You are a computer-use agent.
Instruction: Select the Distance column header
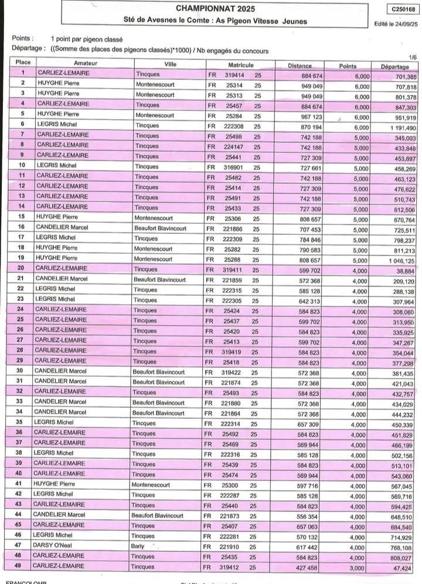click(300, 66)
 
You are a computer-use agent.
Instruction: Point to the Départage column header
click(394, 67)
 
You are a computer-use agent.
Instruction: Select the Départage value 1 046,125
click(398, 260)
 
